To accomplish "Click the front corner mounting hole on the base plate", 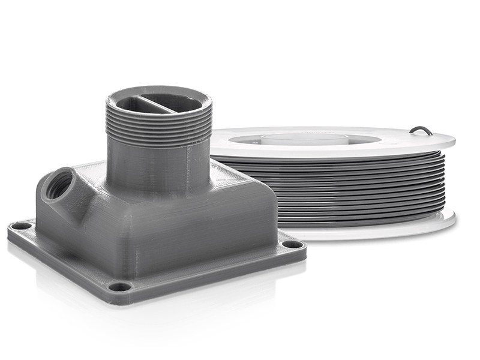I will tap(120, 286).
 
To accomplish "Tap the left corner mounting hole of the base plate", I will tap(22, 226).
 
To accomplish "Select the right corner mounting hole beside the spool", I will tap(292, 244).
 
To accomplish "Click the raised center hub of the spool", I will tap(306, 137).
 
